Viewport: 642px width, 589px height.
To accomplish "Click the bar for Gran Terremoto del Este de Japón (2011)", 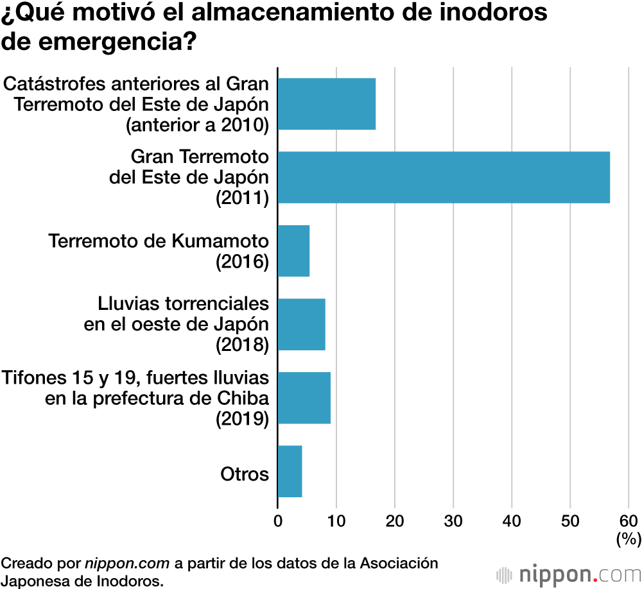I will (x=444, y=177).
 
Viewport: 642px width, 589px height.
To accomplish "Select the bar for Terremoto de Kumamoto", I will (x=293, y=251).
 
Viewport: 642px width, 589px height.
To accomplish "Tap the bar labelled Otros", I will (x=290, y=471).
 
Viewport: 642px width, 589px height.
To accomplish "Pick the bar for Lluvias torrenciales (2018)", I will (x=301, y=324).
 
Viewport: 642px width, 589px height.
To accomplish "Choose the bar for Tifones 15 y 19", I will (x=304, y=398).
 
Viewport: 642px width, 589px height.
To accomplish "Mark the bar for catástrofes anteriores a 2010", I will (x=326, y=104).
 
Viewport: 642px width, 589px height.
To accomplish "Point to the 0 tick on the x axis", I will (x=278, y=520).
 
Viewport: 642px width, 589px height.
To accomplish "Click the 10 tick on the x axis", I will (x=336, y=520).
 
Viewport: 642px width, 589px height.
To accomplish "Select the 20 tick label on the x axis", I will (x=395, y=520).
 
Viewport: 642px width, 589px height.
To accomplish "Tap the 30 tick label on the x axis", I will (x=454, y=520).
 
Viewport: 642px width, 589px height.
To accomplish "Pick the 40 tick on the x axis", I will (x=512, y=520).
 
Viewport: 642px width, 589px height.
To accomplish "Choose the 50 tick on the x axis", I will (x=570, y=520).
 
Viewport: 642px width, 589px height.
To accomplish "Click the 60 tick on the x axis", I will (x=629, y=520).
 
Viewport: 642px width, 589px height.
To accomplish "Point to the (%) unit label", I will (x=628, y=539).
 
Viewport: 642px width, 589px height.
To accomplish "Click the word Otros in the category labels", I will (x=244, y=474).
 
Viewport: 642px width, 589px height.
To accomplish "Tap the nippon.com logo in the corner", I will (x=568, y=573).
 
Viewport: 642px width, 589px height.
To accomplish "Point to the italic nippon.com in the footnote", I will (x=127, y=564).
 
